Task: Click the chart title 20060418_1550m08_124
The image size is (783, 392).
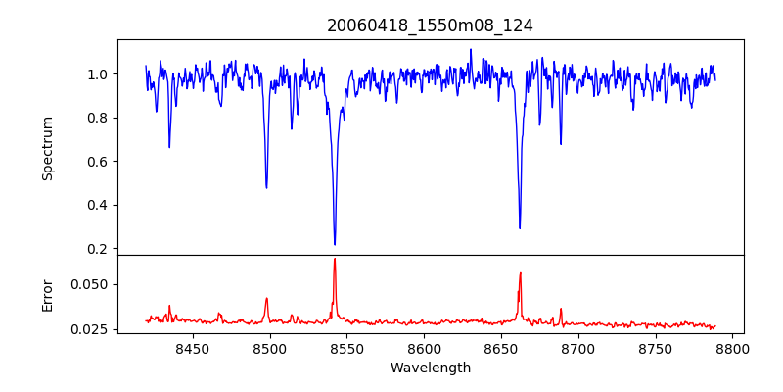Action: click(430, 25)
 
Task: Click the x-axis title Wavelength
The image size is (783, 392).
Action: click(430, 368)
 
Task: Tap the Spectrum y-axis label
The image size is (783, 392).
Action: click(47, 148)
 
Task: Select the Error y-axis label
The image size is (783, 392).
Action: click(47, 294)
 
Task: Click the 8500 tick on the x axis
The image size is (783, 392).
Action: click(269, 349)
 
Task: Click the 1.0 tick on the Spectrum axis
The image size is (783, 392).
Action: click(98, 74)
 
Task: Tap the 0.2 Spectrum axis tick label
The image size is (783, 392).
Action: click(98, 249)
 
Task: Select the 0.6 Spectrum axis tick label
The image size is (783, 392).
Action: click(98, 162)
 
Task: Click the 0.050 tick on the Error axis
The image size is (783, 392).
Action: click(92, 284)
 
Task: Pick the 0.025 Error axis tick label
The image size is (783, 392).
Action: click(92, 329)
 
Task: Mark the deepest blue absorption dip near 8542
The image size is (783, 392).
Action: click(335, 244)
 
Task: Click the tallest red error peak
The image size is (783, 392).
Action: click(335, 259)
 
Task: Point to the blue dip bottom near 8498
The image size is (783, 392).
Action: click(266, 187)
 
